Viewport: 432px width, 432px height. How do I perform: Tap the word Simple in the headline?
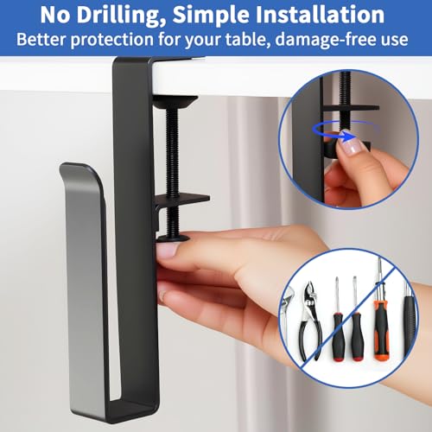pos(211,16)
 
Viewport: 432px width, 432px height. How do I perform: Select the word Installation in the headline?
pos(320,15)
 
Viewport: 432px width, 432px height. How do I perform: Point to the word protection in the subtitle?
pos(112,40)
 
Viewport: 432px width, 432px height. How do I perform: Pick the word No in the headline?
pos(55,15)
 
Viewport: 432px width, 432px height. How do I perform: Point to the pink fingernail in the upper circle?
pos(352,146)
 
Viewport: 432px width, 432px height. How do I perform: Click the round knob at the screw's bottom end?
pos(173,238)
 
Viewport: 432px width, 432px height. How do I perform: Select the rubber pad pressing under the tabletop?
pos(175,102)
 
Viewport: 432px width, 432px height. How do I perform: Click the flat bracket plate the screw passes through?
pos(182,199)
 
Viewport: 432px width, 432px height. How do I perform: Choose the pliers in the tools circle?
pos(310,321)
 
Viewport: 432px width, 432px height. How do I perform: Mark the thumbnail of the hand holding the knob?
pos(167,250)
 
